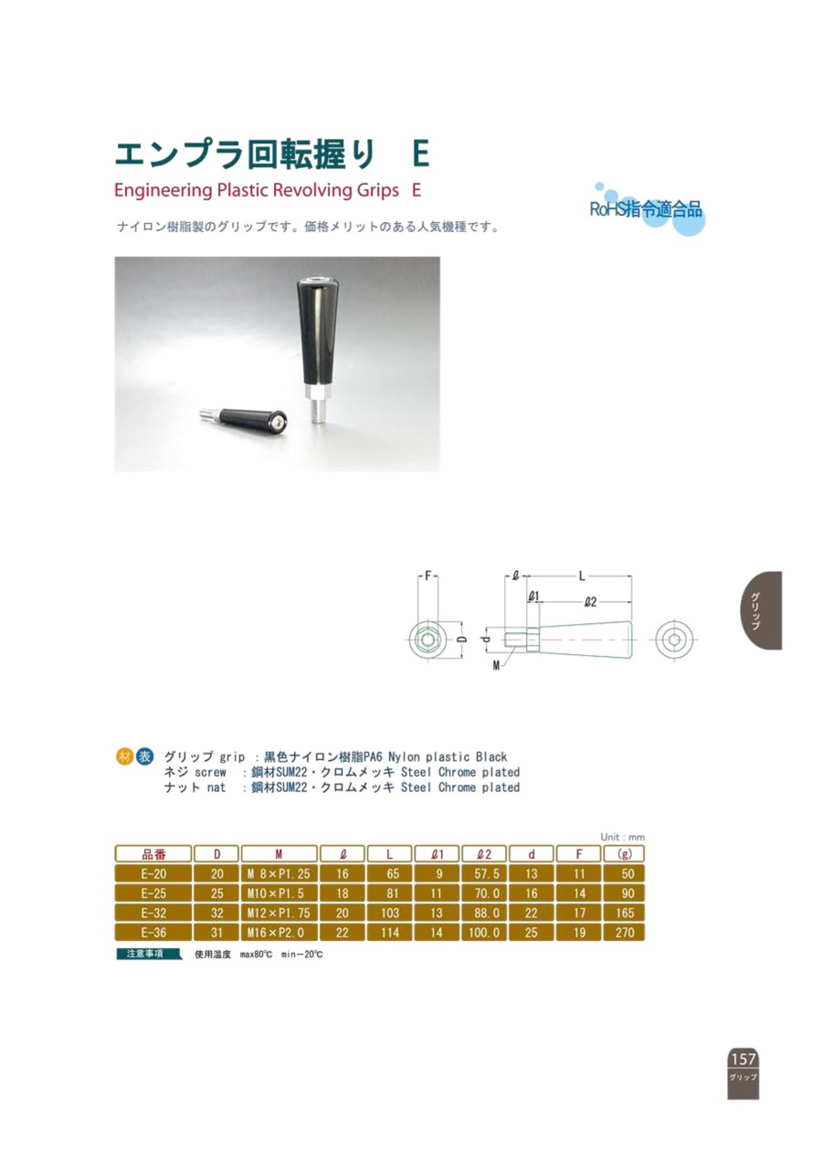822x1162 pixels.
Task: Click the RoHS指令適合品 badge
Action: coord(647,209)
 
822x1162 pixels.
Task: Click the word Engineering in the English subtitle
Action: coord(163,191)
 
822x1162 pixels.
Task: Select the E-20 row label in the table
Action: coord(153,874)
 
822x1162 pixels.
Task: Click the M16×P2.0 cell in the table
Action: coord(279,932)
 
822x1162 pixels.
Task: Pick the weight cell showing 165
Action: coord(624,913)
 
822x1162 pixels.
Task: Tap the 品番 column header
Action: coord(153,854)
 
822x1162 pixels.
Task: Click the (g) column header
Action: coord(624,854)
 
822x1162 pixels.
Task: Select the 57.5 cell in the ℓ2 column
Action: coord(485,874)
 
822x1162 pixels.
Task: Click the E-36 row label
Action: coord(153,932)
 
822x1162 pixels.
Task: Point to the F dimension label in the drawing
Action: coord(427,576)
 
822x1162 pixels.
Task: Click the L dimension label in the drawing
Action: coord(582,576)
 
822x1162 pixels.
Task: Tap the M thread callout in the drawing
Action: coord(496,666)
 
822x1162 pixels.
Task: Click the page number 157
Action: coord(743,1059)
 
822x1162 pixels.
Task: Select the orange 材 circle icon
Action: coord(124,757)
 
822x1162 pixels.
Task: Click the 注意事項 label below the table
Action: coord(148,954)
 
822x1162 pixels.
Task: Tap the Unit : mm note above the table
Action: coord(622,838)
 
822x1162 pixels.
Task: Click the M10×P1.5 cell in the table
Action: coord(279,893)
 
